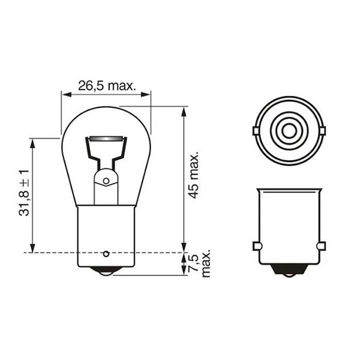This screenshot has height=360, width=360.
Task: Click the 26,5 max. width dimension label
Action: [x=106, y=86]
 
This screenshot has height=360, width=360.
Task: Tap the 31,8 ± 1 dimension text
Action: [x=24, y=193]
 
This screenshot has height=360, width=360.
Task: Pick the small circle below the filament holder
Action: [x=106, y=181]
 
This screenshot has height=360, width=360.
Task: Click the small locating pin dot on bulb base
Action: [x=107, y=253]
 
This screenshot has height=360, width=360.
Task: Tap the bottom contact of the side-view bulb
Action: [x=106, y=271]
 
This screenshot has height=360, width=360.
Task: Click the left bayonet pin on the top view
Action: [x=256, y=130]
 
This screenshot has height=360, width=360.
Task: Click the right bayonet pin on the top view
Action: [x=322, y=130]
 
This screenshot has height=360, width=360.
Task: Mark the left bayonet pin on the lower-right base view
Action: [x=256, y=245]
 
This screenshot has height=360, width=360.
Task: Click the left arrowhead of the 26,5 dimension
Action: [x=65, y=93]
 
